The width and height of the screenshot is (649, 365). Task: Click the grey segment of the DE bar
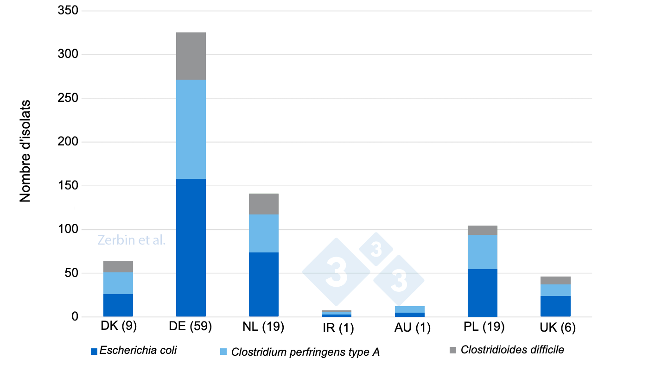point(191,56)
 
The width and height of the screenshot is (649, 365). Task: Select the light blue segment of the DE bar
point(191,129)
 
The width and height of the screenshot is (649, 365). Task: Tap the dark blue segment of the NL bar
point(264,284)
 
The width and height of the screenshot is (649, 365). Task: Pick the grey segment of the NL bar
point(264,204)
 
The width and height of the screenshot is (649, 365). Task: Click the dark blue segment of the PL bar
point(482,293)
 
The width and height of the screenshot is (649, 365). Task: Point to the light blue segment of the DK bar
point(118,283)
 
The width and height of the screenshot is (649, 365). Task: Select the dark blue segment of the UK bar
point(555,306)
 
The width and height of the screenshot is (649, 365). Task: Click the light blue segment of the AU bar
point(409,309)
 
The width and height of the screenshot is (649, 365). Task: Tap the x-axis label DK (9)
point(118,327)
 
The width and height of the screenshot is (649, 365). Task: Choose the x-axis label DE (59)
point(191,327)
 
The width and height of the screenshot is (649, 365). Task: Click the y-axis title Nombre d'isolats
point(25,151)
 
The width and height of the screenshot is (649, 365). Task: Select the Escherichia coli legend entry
point(134,351)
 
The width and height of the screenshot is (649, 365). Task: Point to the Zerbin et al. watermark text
point(132,240)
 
